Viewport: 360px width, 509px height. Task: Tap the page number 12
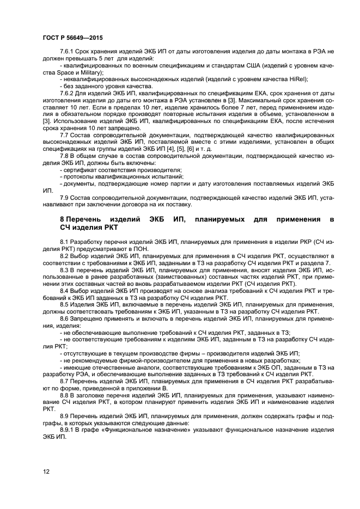tap(46, 471)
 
